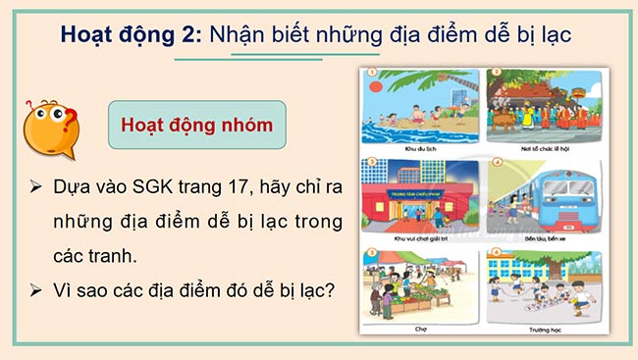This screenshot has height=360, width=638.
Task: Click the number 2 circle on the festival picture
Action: tap(497, 73)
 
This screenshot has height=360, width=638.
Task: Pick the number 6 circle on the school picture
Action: tap(497, 253)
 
